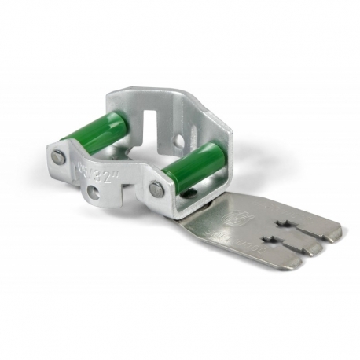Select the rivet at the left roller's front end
(58, 156)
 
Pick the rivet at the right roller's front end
(157, 189)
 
